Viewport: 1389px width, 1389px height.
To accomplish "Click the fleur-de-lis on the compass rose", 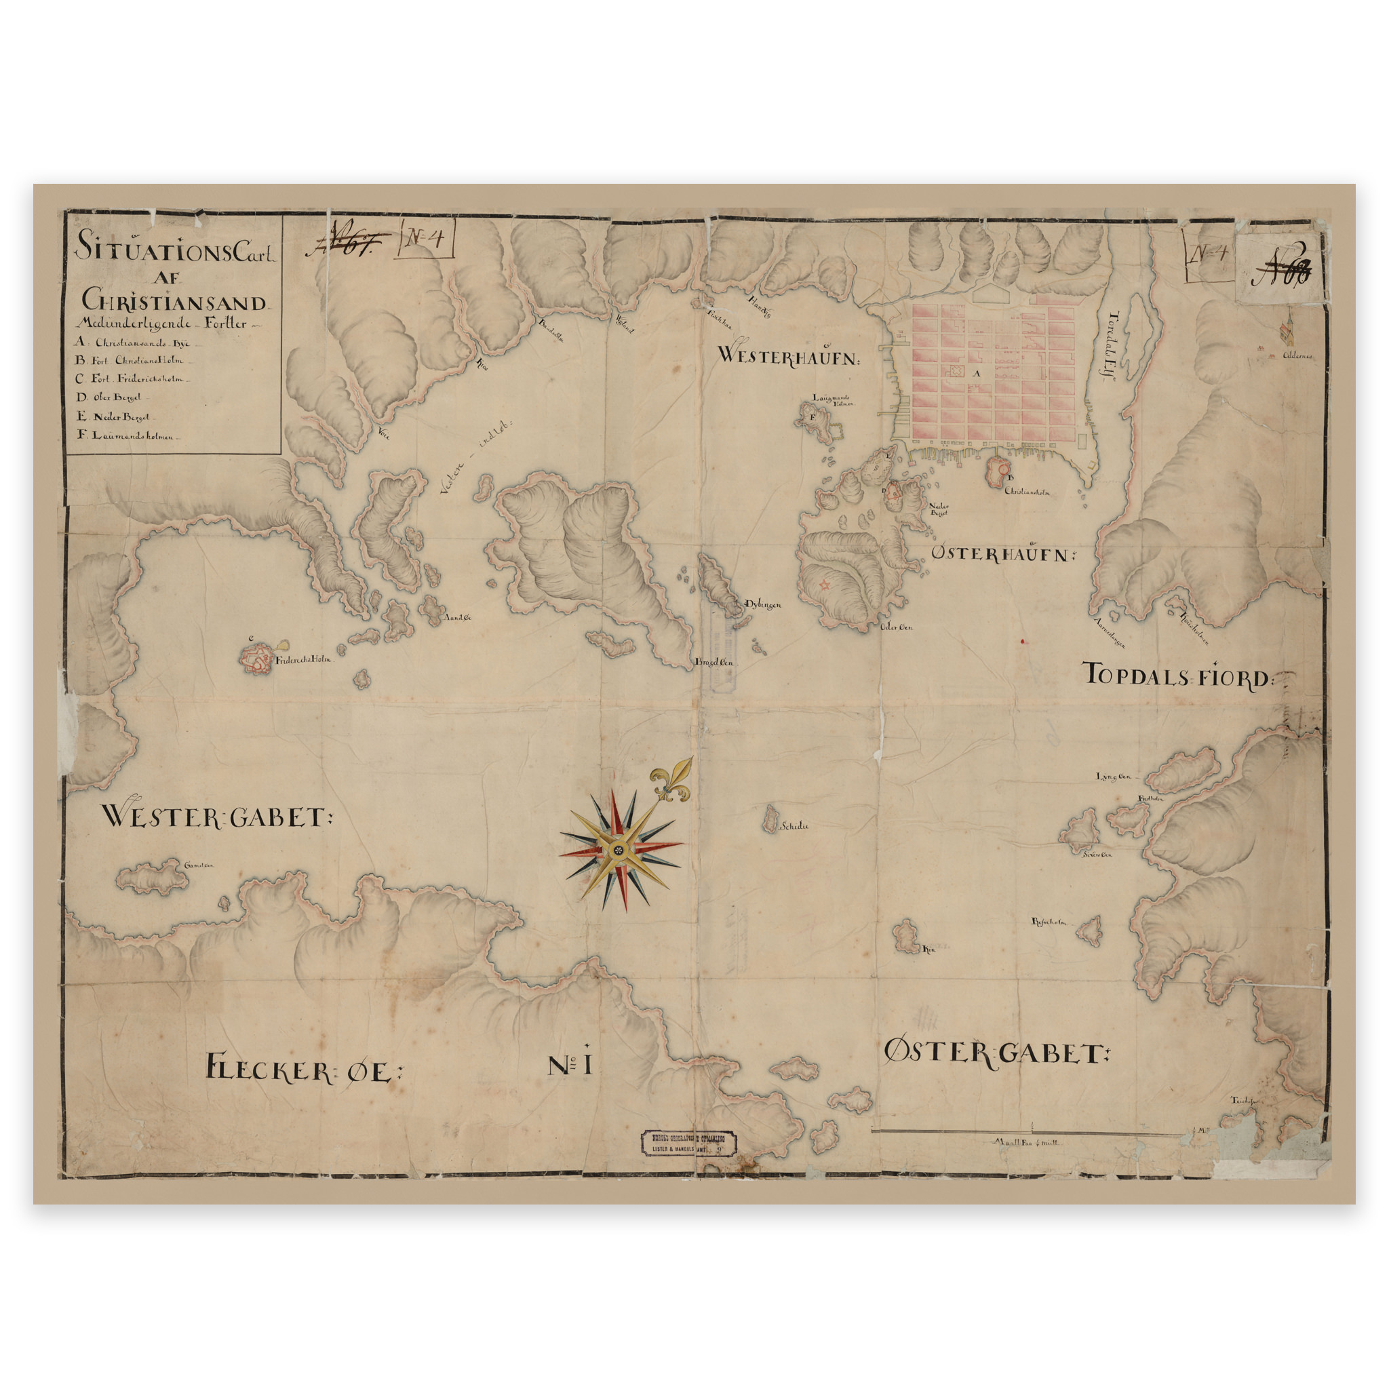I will (673, 781).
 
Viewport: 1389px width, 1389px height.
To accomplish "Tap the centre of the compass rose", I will (617, 850).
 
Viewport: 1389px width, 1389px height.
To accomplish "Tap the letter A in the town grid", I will (977, 373).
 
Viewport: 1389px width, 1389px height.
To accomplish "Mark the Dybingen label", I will (762, 604).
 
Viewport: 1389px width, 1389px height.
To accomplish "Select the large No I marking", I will (570, 1065).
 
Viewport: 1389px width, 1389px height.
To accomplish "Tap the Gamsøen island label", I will (199, 865).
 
